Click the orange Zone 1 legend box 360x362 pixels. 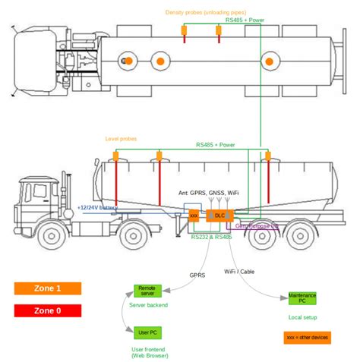click(48, 288)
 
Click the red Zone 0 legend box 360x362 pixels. click(48, 310)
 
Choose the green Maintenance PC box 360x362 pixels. click(302, 297)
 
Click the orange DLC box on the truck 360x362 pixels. click(220, 216)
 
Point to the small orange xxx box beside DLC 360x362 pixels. click(194, 216)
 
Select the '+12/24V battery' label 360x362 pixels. click(98, 207)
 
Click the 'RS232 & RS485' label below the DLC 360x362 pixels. click(212, 237)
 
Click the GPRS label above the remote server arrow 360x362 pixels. click(196, 275)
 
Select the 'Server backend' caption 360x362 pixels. click(148, 305)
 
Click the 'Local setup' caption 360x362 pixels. click(303, 316)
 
